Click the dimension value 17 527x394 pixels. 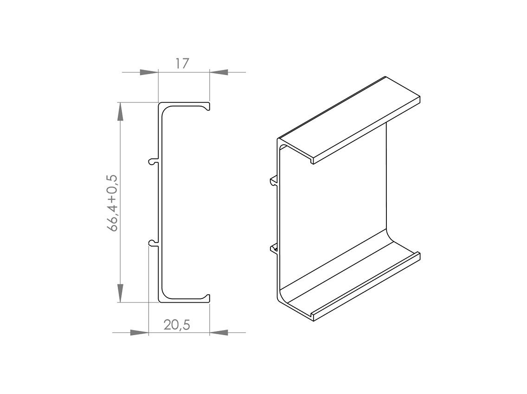coord(182,64)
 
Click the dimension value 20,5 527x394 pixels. coord(177,325)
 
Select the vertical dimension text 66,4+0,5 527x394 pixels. coord(112,203)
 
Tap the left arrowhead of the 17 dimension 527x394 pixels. coord(149,72)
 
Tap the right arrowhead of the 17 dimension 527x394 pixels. coord(219,72)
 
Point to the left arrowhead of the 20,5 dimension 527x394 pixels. coord(139,332)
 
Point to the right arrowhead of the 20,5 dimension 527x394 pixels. coord(219,332)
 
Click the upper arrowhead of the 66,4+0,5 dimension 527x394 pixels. coord(120,111)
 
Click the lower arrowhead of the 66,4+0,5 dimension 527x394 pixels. coord(120,293)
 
